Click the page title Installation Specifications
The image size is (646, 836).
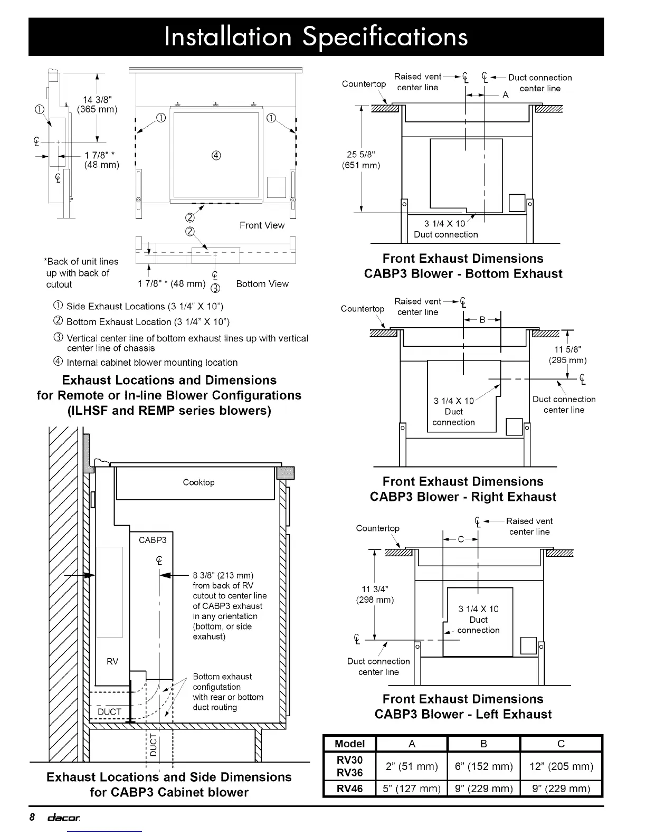[x=316, y=36]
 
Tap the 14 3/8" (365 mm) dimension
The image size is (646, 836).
[x=97, y=104]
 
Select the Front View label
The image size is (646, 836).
[x=262, y=225]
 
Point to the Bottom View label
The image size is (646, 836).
[x=262, y=284]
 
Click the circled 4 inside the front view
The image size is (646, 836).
[x=216, y=155]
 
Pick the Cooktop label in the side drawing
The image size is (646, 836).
[x=198, y=482]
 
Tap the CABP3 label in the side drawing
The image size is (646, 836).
[x=153, y=540]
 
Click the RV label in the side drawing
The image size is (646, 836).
[x=112, y=661]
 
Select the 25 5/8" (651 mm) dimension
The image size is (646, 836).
[x=361, y=159]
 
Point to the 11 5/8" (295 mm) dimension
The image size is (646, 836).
[x=568, y=355]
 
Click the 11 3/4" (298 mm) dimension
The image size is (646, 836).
[x=375, y=594]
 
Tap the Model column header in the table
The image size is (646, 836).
[x=349, y=744]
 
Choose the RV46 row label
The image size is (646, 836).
[x=349, y=789]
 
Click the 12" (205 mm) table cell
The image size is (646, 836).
[x=561, y=766]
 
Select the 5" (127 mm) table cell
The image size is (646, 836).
[x=412, y=789]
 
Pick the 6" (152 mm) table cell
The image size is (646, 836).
[x=483, y=766]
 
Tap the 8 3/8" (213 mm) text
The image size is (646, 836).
[x=223, y=575]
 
